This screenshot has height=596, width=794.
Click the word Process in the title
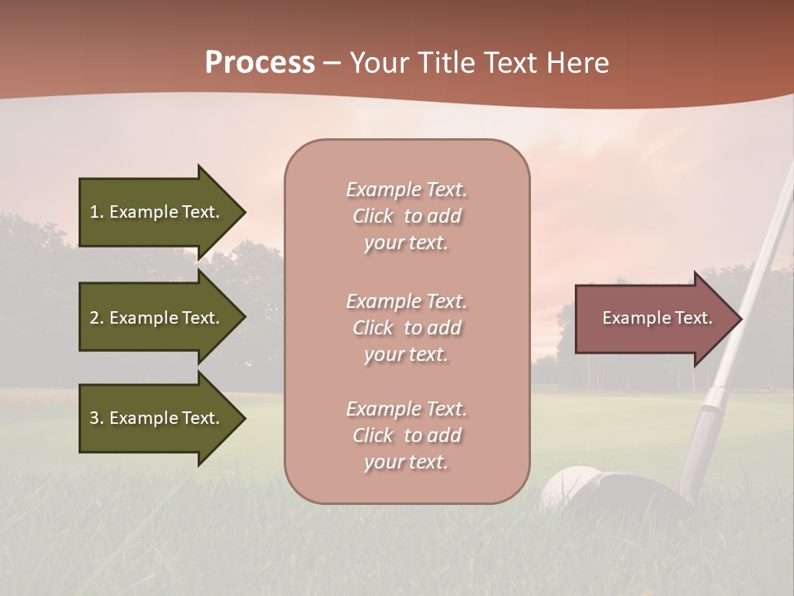[260, 63]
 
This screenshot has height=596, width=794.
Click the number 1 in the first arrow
[94, 212]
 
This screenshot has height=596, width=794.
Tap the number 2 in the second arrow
[94, 318]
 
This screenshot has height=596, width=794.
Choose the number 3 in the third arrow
[94, 418]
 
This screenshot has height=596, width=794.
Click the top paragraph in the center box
[406, 216]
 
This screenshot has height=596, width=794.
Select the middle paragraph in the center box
[406, 328]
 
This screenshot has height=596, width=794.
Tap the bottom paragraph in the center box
[406, 435]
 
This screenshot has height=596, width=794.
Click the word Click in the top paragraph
[373, 217]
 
